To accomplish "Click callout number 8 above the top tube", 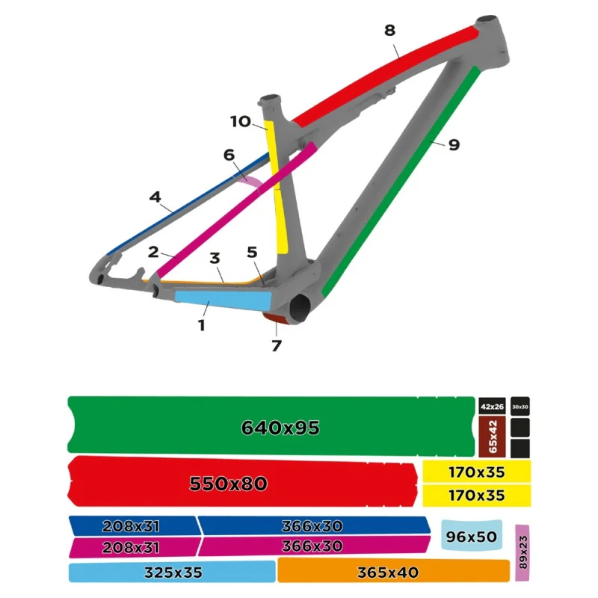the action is [389, 30].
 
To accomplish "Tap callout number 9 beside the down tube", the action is [454, 145].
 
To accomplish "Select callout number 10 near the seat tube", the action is [241, 122].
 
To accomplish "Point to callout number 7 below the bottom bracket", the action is [277, 345].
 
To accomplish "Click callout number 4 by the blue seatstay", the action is [155, 197].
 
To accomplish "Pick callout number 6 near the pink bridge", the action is [229, 155].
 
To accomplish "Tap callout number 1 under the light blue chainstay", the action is [202, 325].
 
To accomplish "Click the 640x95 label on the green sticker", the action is [280, 428].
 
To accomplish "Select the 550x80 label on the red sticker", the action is [229, 484].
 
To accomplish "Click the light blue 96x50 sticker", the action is [472, 535].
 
